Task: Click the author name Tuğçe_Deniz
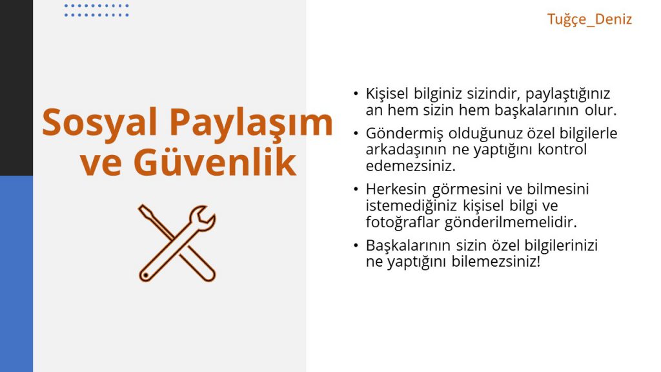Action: pos(589,19)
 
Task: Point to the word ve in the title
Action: pos(99,164)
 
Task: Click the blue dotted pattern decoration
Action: pos(97,10)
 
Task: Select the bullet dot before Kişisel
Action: pos(356,93)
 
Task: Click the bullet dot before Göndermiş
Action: pos(356,134)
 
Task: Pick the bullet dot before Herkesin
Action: pos(356,189)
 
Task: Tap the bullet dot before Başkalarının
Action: pos(356,246)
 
